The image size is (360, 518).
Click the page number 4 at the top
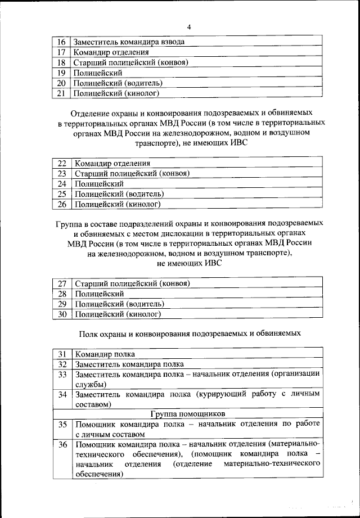pyautogui.click(x=189, y=26)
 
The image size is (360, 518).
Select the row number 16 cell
pyautogui.click(x=62, y=42)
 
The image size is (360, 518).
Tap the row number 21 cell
pyautogui.click(x=62, y=93)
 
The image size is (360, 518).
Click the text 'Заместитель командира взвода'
pyautogui.click(x=129, y=42)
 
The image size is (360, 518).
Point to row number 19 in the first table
pyautogui.click(x=62, y=73)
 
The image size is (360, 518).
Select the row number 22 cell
pyautogui.click(x=62, y=163)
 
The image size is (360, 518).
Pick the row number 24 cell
pyautogui.click(x=62, y=183)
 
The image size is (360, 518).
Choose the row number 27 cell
pyautogui.click(x=62, y=283)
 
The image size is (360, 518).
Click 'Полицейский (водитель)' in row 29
pyautogui.click(x=119, y=304)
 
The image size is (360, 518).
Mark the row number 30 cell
pyautogui.click(x=62, y=314)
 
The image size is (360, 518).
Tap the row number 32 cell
pyautogui.click(x=62, y=364)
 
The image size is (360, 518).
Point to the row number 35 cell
pyautogui.click(x=62, y=424)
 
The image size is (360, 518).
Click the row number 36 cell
pyautogui.click(x=62, y=444)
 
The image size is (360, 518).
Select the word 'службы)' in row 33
pyautogui.click(x=90, y=384)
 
